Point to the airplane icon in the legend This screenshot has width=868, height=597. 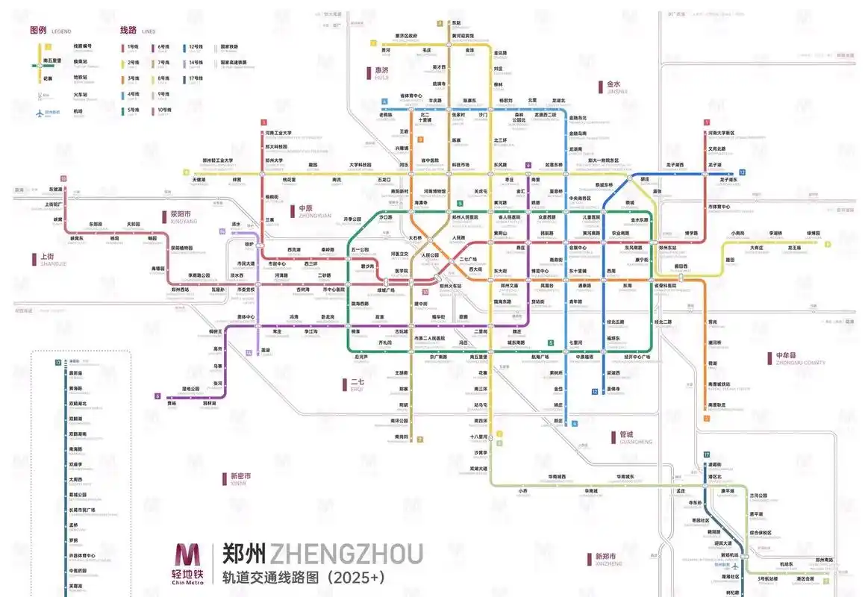click(40, 112)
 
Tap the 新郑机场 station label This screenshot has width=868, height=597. click(728, 554)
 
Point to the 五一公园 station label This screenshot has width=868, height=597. click(360, 249)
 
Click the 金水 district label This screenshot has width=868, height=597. click(614, 84)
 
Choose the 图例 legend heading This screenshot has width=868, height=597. click(38, 31)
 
